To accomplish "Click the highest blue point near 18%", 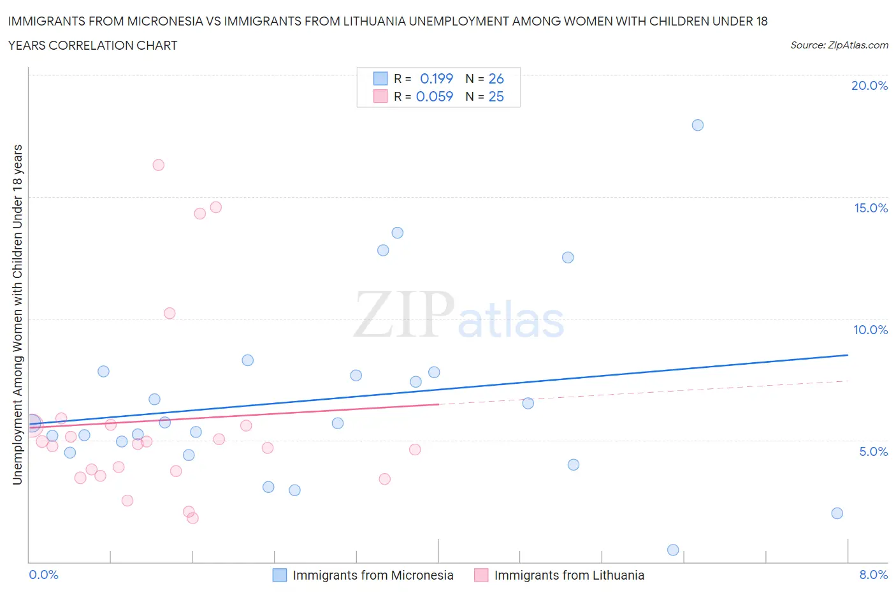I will coord(698,125).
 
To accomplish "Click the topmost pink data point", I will coord(159,165).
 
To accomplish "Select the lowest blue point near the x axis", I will coord(673,550).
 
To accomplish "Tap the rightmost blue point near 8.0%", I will coord(837,513).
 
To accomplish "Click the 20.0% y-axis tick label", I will coord(869,85).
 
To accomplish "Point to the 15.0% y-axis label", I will coord(871,208).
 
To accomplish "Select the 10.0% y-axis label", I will coord(871,330).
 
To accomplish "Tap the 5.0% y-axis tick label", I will coord(873,451).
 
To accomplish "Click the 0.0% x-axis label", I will coord(44,575).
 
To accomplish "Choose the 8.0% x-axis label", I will coord(873,575).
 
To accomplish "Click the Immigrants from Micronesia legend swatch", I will coord(280,575).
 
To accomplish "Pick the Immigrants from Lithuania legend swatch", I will coord(481,575).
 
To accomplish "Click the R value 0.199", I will coord(437,78).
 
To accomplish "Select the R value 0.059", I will coord(435,96).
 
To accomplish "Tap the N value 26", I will coord(496,78).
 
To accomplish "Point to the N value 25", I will coord(496,96).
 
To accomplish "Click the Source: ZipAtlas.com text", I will coord(839,45).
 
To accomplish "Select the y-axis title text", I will coord(18,314).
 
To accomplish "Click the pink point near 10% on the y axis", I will coord(170,313).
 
